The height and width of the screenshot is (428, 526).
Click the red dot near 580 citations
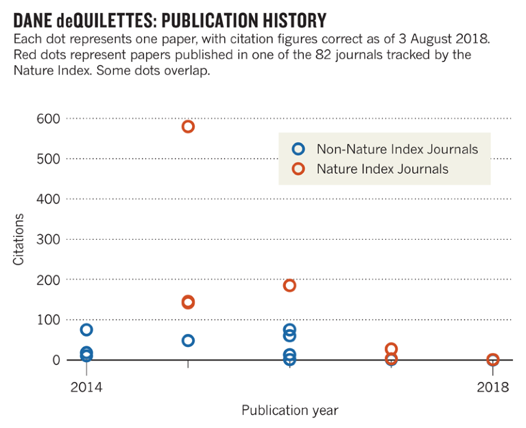point(188,126)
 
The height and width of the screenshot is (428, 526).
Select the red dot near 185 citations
point(289,285)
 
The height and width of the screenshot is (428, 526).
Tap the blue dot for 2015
point(188,341)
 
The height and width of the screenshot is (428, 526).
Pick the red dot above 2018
point(492,360)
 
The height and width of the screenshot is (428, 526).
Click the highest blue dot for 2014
point(86,330)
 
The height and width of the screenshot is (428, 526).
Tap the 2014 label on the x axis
point(86,387)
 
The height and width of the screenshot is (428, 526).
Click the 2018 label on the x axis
point(493,387)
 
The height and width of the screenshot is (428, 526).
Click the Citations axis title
point(19,239)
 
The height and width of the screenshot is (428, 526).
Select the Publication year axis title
point(289,411)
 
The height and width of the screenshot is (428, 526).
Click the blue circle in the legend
point(298,149)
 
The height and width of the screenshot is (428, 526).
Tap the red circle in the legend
point(298,169)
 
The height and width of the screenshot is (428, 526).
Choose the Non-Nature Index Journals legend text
point(397,149)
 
